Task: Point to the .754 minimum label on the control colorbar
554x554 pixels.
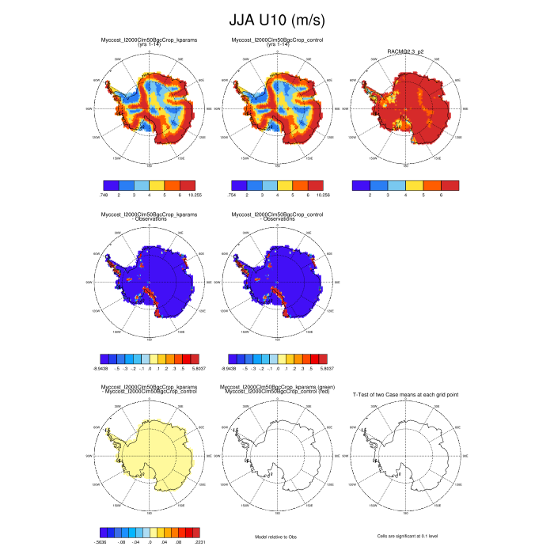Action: pyautogui.click(x=231, y=194)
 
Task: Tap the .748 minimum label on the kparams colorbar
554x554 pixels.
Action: pyautogui.click(x=104, y=194)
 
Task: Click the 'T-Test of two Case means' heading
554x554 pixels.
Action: pyautogui.click(x=405, y=394)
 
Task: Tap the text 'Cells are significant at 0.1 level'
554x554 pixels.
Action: pyautogui.click(x=405, y=537)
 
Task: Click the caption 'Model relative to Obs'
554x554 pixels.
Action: pyautogui.click(x=276, y=537)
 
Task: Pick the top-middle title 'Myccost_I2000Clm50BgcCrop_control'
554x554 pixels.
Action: pyautogui.click(x=277, y=39)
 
